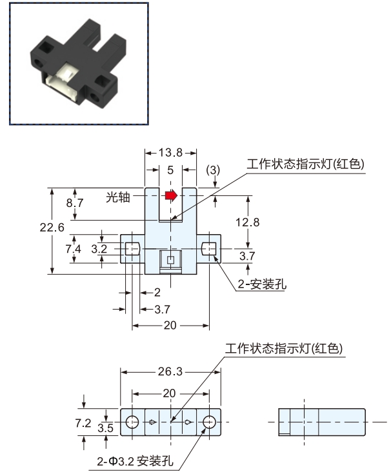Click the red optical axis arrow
[171, 195]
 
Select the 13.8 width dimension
[170, 153]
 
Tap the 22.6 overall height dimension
[52, 227]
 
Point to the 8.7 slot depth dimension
[75, 202]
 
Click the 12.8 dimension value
[248, 222]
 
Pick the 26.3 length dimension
[170, 371]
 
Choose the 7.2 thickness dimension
[83, 423]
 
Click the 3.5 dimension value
[106, 428]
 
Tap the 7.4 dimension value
[74, 249]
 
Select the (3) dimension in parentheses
[213, 170]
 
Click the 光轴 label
[118, 197]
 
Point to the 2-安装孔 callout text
[262, 284]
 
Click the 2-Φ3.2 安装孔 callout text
[135, 461]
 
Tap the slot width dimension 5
[170, 170]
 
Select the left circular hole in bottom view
[132, 422]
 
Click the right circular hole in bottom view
[209, 422]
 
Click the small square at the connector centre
[170, 260]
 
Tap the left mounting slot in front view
[132, 249]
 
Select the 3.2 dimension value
[99, 249]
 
